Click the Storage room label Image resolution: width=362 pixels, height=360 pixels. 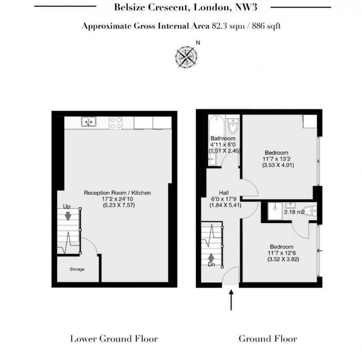point(78,269)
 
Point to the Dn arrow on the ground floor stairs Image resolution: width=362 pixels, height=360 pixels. point(211,257)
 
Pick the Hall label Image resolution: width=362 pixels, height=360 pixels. point(223,193)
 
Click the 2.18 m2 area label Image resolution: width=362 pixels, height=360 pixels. point(294,212)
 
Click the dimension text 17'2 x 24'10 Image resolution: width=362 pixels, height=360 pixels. point(117,199)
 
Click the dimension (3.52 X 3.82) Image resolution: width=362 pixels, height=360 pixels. point(281,259)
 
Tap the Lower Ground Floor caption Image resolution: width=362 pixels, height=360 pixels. point(114,338)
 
